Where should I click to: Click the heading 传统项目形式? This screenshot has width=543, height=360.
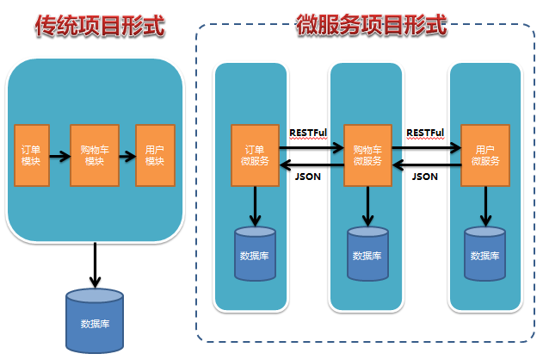[100, 26]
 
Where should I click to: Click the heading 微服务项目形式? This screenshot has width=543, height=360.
[372, 25]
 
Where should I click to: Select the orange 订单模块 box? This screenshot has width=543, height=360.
[32, 156]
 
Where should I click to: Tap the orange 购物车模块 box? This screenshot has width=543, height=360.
[95, 156]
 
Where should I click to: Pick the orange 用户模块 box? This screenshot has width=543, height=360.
[155, 156]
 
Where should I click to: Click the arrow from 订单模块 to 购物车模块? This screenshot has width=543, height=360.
[60, 156]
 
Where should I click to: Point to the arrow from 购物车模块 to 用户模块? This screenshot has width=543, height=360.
[127, 156]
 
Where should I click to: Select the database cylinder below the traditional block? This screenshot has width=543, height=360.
[95, 321]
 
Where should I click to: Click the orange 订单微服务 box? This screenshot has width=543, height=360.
[256, 156]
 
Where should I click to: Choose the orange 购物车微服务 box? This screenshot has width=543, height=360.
[367, 156]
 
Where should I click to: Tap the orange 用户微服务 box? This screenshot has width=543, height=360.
[485, 156]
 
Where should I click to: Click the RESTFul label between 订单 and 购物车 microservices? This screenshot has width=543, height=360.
[308, 133]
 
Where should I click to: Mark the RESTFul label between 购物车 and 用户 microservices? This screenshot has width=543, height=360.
[425, 133]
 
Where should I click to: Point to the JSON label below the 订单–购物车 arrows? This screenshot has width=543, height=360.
[308, 177]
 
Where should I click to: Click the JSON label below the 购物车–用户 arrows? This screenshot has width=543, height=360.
[425, 177]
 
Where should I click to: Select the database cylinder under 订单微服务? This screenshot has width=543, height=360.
[256, 253]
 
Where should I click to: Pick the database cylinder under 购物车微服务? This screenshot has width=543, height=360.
[367, 253]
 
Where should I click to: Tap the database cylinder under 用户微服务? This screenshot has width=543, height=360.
[484, 253]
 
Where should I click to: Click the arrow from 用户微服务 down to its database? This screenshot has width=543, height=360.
[485, 207]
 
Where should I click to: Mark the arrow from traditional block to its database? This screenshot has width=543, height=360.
[95, 265]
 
